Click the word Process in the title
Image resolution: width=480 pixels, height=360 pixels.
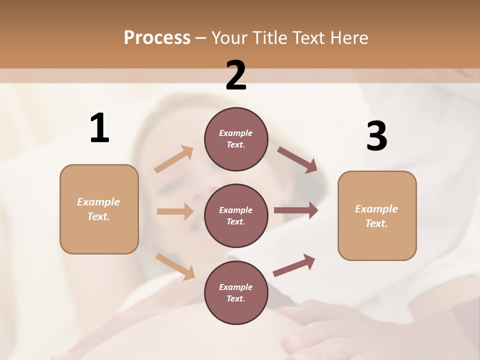[157, 38]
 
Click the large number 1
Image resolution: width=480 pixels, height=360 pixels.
[99, 128]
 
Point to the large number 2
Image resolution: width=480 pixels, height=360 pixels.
[236, 75]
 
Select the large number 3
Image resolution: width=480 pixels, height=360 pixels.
[376, 136]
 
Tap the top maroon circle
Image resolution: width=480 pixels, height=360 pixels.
[236, 139]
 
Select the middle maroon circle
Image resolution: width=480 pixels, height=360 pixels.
[236, 215]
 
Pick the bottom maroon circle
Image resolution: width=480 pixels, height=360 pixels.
[236, 292]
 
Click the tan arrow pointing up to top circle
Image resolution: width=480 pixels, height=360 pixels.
[174, 159]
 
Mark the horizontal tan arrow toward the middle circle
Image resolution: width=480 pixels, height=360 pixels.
[174, 211]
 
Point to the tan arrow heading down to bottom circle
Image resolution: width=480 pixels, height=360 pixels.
[175, 266]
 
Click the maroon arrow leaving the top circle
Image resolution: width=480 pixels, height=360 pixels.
[297, 159]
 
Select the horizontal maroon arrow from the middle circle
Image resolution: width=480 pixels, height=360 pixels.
[296, 210]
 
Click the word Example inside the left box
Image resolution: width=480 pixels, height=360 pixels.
[98, 202]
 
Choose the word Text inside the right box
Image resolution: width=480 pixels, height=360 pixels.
[376, 223]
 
